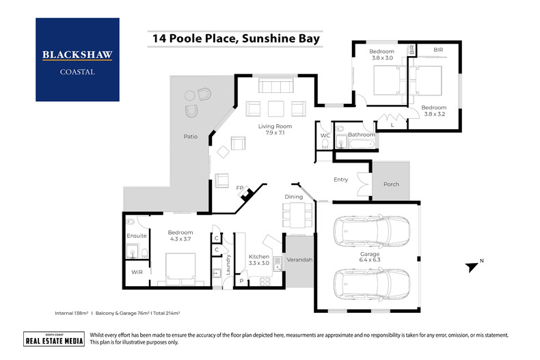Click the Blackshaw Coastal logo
click(x=77, y=60)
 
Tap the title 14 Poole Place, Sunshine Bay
click(x=231, y=39)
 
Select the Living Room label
click(x=275, y=130)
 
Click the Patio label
click(x=190, y=137)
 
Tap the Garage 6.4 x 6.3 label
click(x=370, y=256)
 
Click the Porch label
click(x=391, y=184)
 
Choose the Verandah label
click(x=298, y=260)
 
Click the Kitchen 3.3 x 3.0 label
click(x=258, y=259)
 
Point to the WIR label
click(x=137, y=272)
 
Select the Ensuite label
click(x=137, y=236)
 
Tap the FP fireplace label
click(x=240, y=188)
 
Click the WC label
click(x=325, y=135)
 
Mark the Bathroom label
click(x=361, y=135)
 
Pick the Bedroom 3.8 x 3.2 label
click(x=433, y=111)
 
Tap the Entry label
click(x=340, y=180)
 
